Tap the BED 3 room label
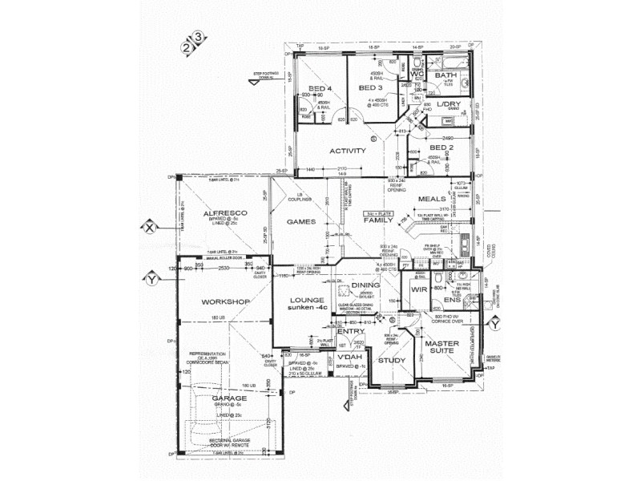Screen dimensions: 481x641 (372, 87)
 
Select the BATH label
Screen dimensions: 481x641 (445, 76)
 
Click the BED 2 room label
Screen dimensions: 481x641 (441, 148)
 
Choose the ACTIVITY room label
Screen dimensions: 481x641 (348, 151)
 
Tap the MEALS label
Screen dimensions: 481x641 (432, 199)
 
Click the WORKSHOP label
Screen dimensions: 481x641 (226, 301)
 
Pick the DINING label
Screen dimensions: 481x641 (365, 285)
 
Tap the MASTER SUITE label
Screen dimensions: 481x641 (442, 348)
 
